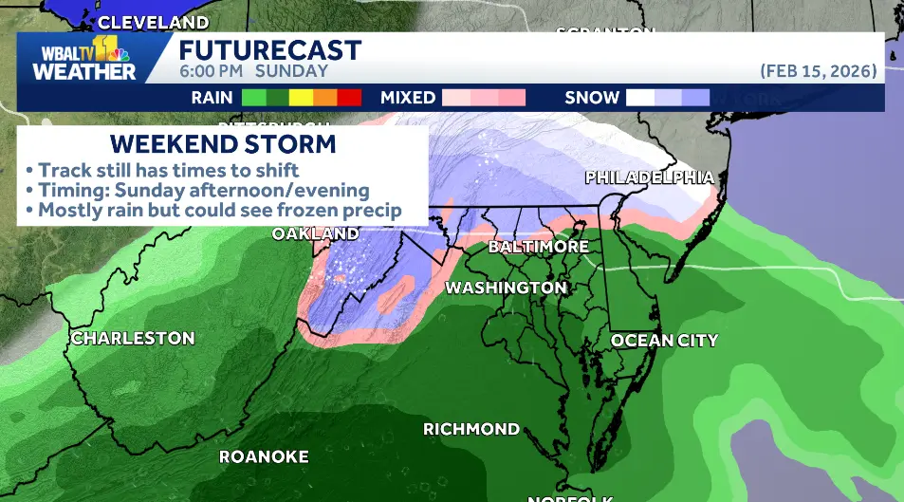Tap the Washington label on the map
point(507,288)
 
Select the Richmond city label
point(471,429)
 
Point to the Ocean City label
point(664,341)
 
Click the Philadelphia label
point(649,177)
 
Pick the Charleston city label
point(133,339)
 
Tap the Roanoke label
point(264,457)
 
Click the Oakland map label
point(316,233)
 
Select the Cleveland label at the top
point(154,22)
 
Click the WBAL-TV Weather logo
point(84,61)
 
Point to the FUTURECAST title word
point(270,50)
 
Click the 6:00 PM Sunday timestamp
point(253,71)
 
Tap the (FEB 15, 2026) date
point(819,71)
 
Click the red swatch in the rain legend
point(349,97)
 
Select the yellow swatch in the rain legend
point(301,97)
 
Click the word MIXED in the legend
point(408,98)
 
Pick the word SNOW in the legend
point(592,98)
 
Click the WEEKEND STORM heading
point(223,144)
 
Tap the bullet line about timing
point(197,190)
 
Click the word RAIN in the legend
point(212,98)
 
